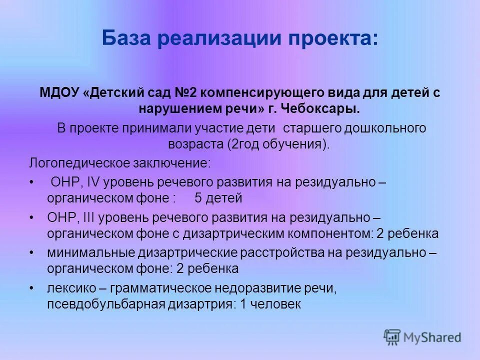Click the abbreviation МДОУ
click(56, 93)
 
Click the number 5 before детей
click(198, 198)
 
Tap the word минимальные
click(88, 253)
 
